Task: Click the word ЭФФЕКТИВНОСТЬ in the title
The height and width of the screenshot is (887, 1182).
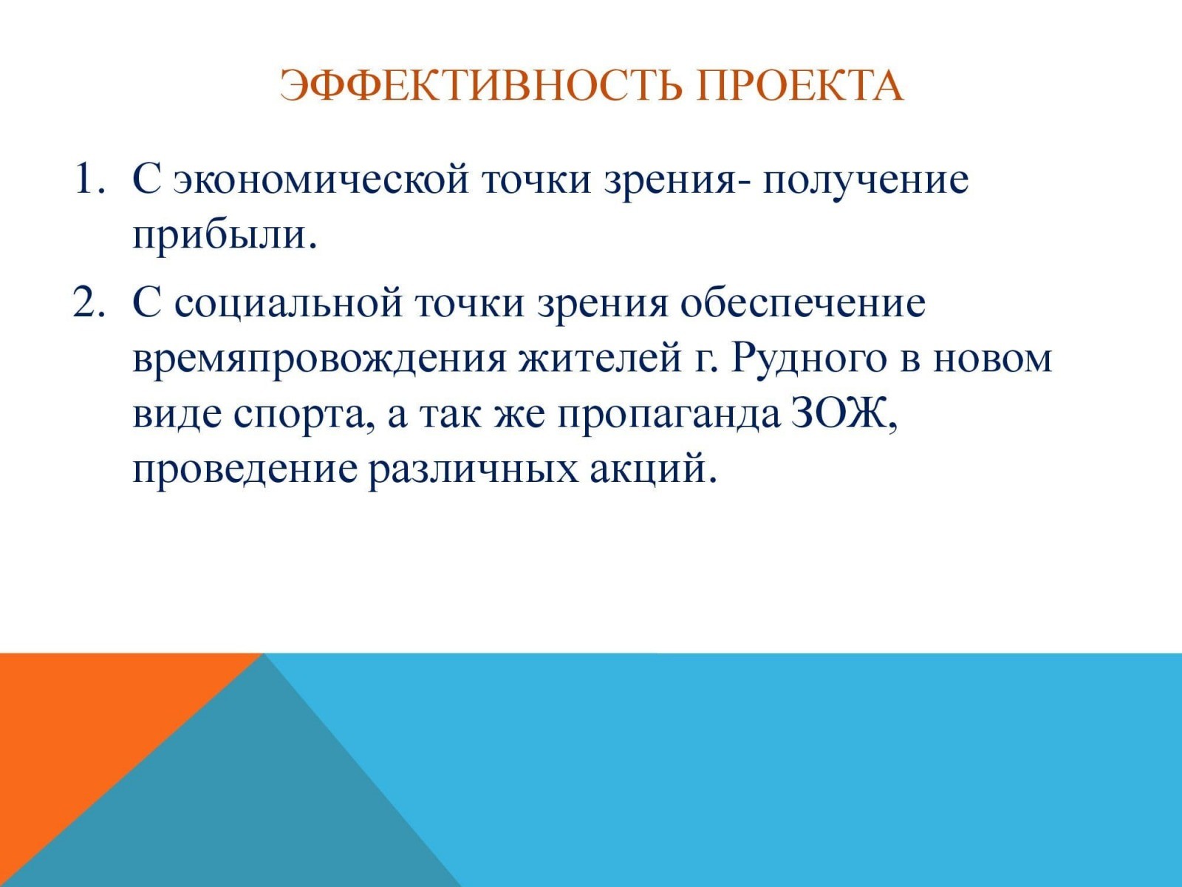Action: coord(481,86)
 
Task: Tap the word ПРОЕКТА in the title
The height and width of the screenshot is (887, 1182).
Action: coord(799,86)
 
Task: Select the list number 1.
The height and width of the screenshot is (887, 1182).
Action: coord(89,179)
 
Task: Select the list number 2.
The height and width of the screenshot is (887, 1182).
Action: coord(89,302)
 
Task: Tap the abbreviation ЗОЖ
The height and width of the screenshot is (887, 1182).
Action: coord(844,415)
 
